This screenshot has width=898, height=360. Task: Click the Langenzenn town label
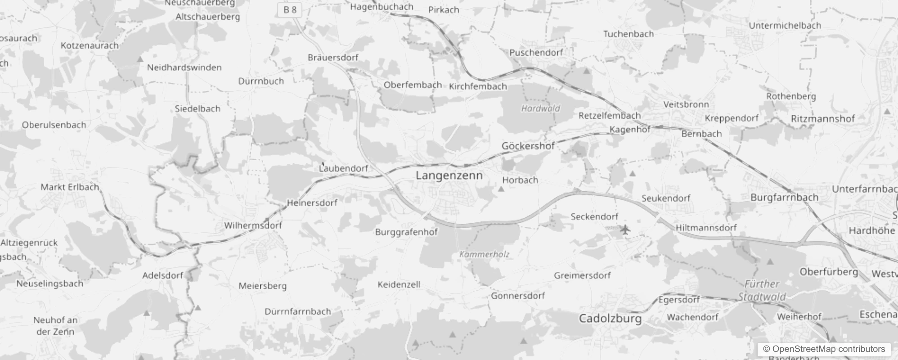[449, 175]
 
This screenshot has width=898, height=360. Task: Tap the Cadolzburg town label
[610, 319]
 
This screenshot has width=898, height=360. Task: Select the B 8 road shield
[290, 9]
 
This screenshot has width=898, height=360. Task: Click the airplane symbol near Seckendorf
[625, 230]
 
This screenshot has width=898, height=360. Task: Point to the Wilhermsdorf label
[253, 225]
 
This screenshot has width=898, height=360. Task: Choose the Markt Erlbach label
[70, 187]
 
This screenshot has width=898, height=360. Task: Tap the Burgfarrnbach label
[784, 197]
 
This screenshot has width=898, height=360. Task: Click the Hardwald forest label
[540, 108]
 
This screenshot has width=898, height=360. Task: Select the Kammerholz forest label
[484, 254]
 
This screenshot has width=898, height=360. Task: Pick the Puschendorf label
[536, 53]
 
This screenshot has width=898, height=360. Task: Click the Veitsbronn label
[686, 104]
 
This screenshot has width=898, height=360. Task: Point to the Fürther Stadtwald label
[762, 290]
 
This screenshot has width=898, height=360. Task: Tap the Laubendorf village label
[344, 168]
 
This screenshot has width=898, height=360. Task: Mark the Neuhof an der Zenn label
[55, 326]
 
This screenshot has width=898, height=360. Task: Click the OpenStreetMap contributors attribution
[824, 349]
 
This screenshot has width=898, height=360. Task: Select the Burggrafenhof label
[406, 232]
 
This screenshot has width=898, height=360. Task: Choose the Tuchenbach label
[628, 34]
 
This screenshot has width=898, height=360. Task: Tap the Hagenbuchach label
[382, 7]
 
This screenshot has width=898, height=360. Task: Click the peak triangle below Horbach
[501, 189]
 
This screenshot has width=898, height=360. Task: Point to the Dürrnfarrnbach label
[298, 311]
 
